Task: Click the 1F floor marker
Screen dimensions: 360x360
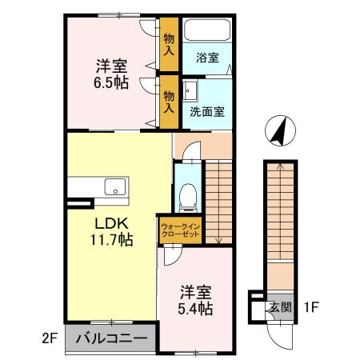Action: pyautogui.click(x=313, y=306)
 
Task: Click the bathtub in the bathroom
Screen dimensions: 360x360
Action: pyautogui.click(x=207, y=30)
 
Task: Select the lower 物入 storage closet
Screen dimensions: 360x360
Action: pyautogui.click(x=169, y=100)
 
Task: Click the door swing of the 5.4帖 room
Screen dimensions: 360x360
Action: pyautogui.click(x=170, y=256)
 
